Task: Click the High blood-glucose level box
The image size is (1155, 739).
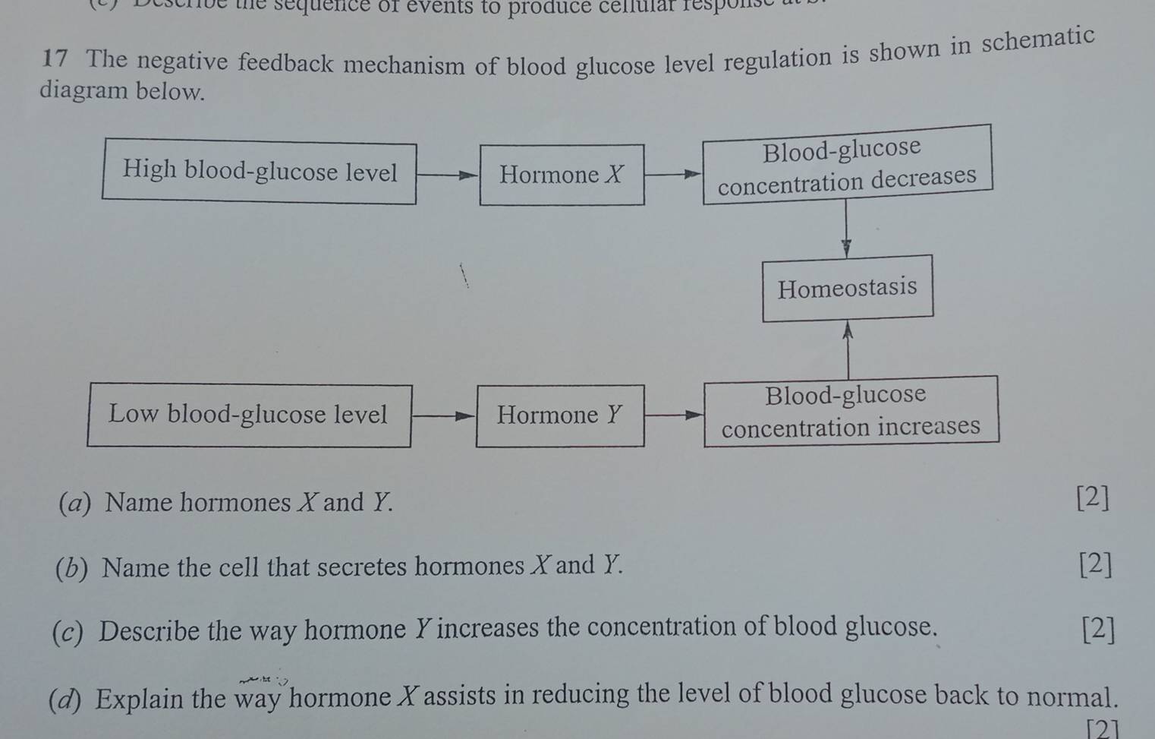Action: pos(260,172)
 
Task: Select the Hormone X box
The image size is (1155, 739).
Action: pos(562,175)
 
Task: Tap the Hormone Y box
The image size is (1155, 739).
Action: pos(560,415)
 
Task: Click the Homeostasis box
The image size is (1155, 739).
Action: pos(848,288)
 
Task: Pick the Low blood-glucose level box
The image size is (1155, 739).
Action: pos(250,415)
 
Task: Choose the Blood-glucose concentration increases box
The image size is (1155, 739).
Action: pos(851,411)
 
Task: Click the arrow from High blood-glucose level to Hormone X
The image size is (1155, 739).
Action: pos(448,174)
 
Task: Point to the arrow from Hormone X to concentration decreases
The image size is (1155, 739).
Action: pos(673,174)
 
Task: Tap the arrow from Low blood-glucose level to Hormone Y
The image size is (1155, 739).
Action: pos(443,415)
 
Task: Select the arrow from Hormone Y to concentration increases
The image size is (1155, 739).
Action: pos(674,415)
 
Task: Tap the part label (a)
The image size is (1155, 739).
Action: pos(75,503)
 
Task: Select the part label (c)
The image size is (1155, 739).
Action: pos(69,633)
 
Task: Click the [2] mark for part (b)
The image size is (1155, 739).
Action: pos(1095,564)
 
